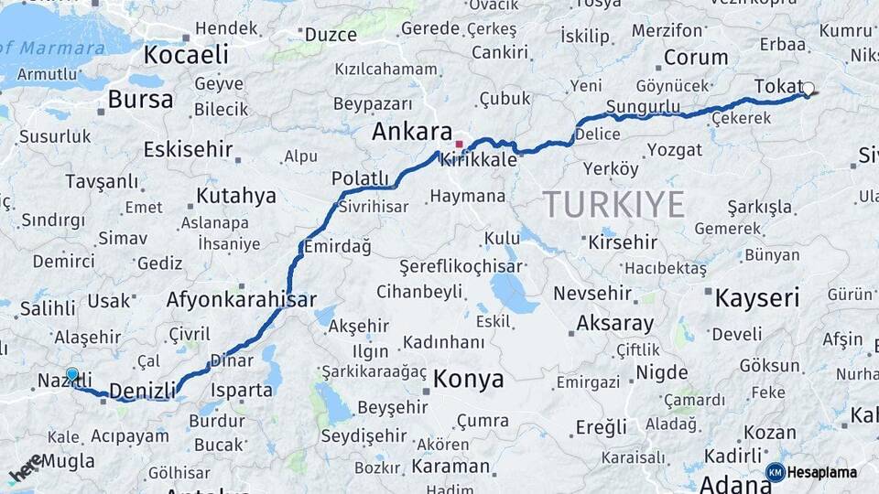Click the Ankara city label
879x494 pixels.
(x=411, y=132)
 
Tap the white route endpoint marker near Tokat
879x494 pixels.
(x=808, y=89)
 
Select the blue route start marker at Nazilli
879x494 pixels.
(x=72, y=374)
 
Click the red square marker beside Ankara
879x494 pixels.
(x=459, y=145)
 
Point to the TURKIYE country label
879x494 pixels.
(x=613, y=204)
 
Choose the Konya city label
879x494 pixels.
(x=468, y=379)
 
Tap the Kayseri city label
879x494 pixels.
(x=756, y=297)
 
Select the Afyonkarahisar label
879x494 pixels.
(x=242, y=299)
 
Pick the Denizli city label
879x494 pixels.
(x=142, y=392)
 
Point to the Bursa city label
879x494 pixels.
(x=140, y=99)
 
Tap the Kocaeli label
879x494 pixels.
(x=186, y=55)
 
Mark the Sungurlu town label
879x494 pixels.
(x=644, y=108)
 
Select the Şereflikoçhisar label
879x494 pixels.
(x=461, y=267)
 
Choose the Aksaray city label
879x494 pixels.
(x=614, y=324)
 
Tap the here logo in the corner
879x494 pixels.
(x=26, y=468)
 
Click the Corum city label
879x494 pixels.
(x=695, y=58)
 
